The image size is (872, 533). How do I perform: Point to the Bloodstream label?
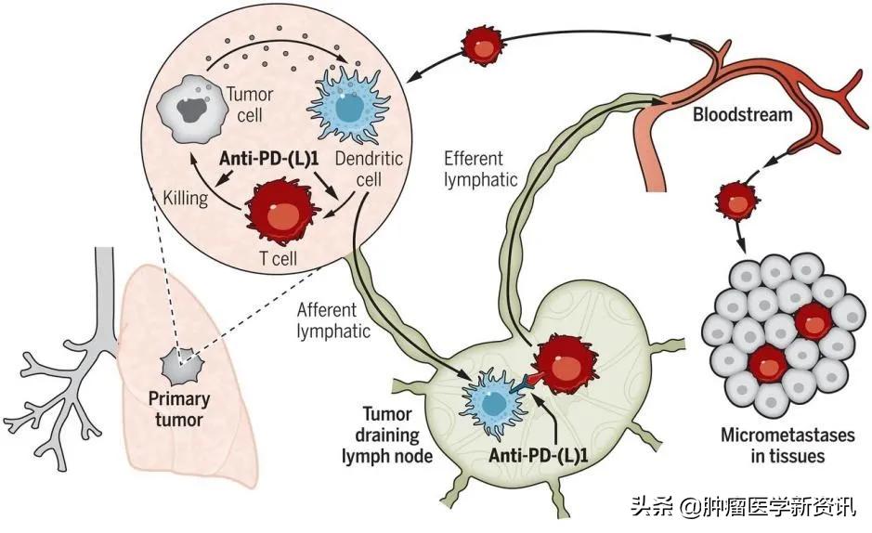click(742, 116)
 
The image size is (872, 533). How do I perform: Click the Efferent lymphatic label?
click(479, 168)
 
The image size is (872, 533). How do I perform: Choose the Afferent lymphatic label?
click(332, 317)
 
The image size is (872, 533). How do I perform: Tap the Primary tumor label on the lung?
click(178, 410)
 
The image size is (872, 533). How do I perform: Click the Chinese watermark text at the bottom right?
click(744, 508)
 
